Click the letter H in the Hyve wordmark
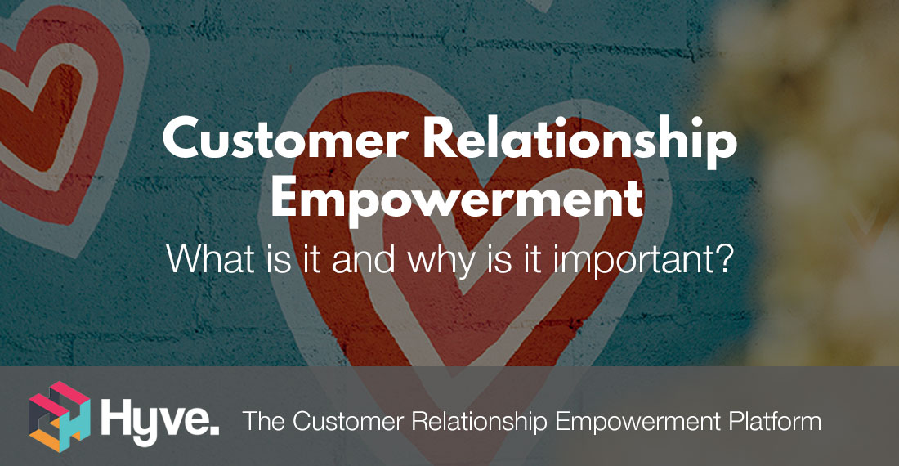tap(114, 417)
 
